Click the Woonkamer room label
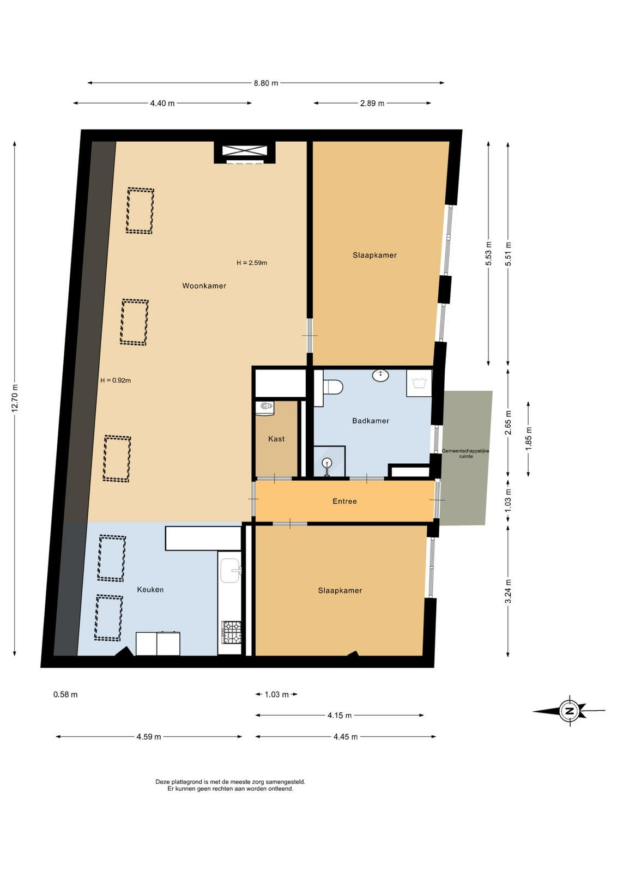click(204, 286)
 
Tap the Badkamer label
click(370, 420)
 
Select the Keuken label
click(150, 589)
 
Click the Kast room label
click(276, 439)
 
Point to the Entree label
click(344, 501)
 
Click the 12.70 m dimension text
click(15, 398)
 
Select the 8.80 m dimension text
click(267, 83)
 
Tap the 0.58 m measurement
click(65, 694)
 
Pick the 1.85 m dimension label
click(528, 439)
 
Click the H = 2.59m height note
click(252, 263)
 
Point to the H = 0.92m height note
click(116, 380)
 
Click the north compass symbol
click(569, 711)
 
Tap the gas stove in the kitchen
click(231, 632)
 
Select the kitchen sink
click(231, 570)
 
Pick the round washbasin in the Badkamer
click(380, 376)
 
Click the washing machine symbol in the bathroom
click(419, 383)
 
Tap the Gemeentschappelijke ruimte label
click(465, 453)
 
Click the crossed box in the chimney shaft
click(245, 150)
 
